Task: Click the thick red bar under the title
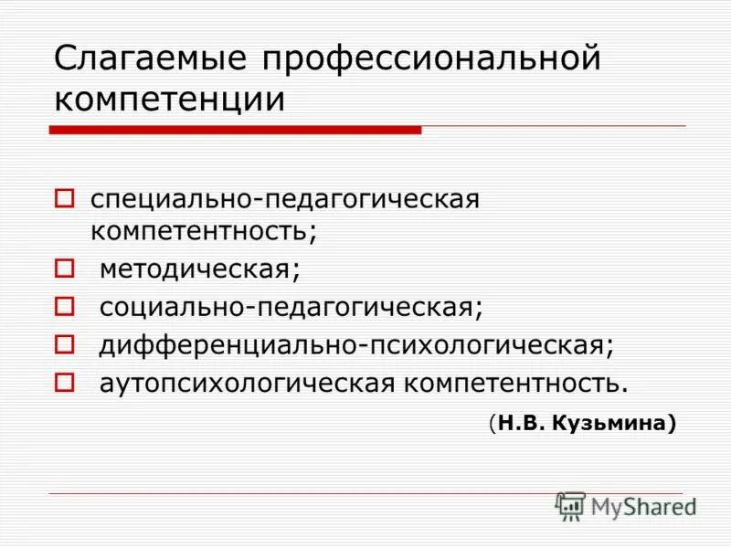tap(235, 131)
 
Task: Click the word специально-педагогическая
tap(284, 199)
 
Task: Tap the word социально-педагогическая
tap(291, 307)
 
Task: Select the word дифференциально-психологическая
tap(356, 344)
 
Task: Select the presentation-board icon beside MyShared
tap(570, 506)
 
